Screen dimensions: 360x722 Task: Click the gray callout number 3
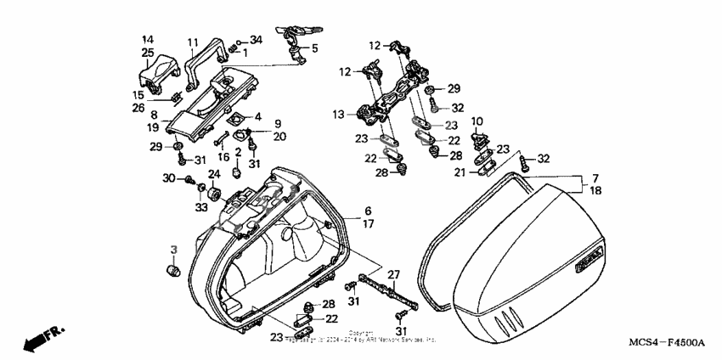173,249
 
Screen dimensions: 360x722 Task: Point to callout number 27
392,274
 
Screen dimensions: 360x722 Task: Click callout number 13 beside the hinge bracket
340,114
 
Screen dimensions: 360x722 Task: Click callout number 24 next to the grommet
214,174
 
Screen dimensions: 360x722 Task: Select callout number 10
477,121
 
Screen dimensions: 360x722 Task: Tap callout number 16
225,157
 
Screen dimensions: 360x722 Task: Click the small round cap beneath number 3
172,270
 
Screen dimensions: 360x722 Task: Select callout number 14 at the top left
148,39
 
